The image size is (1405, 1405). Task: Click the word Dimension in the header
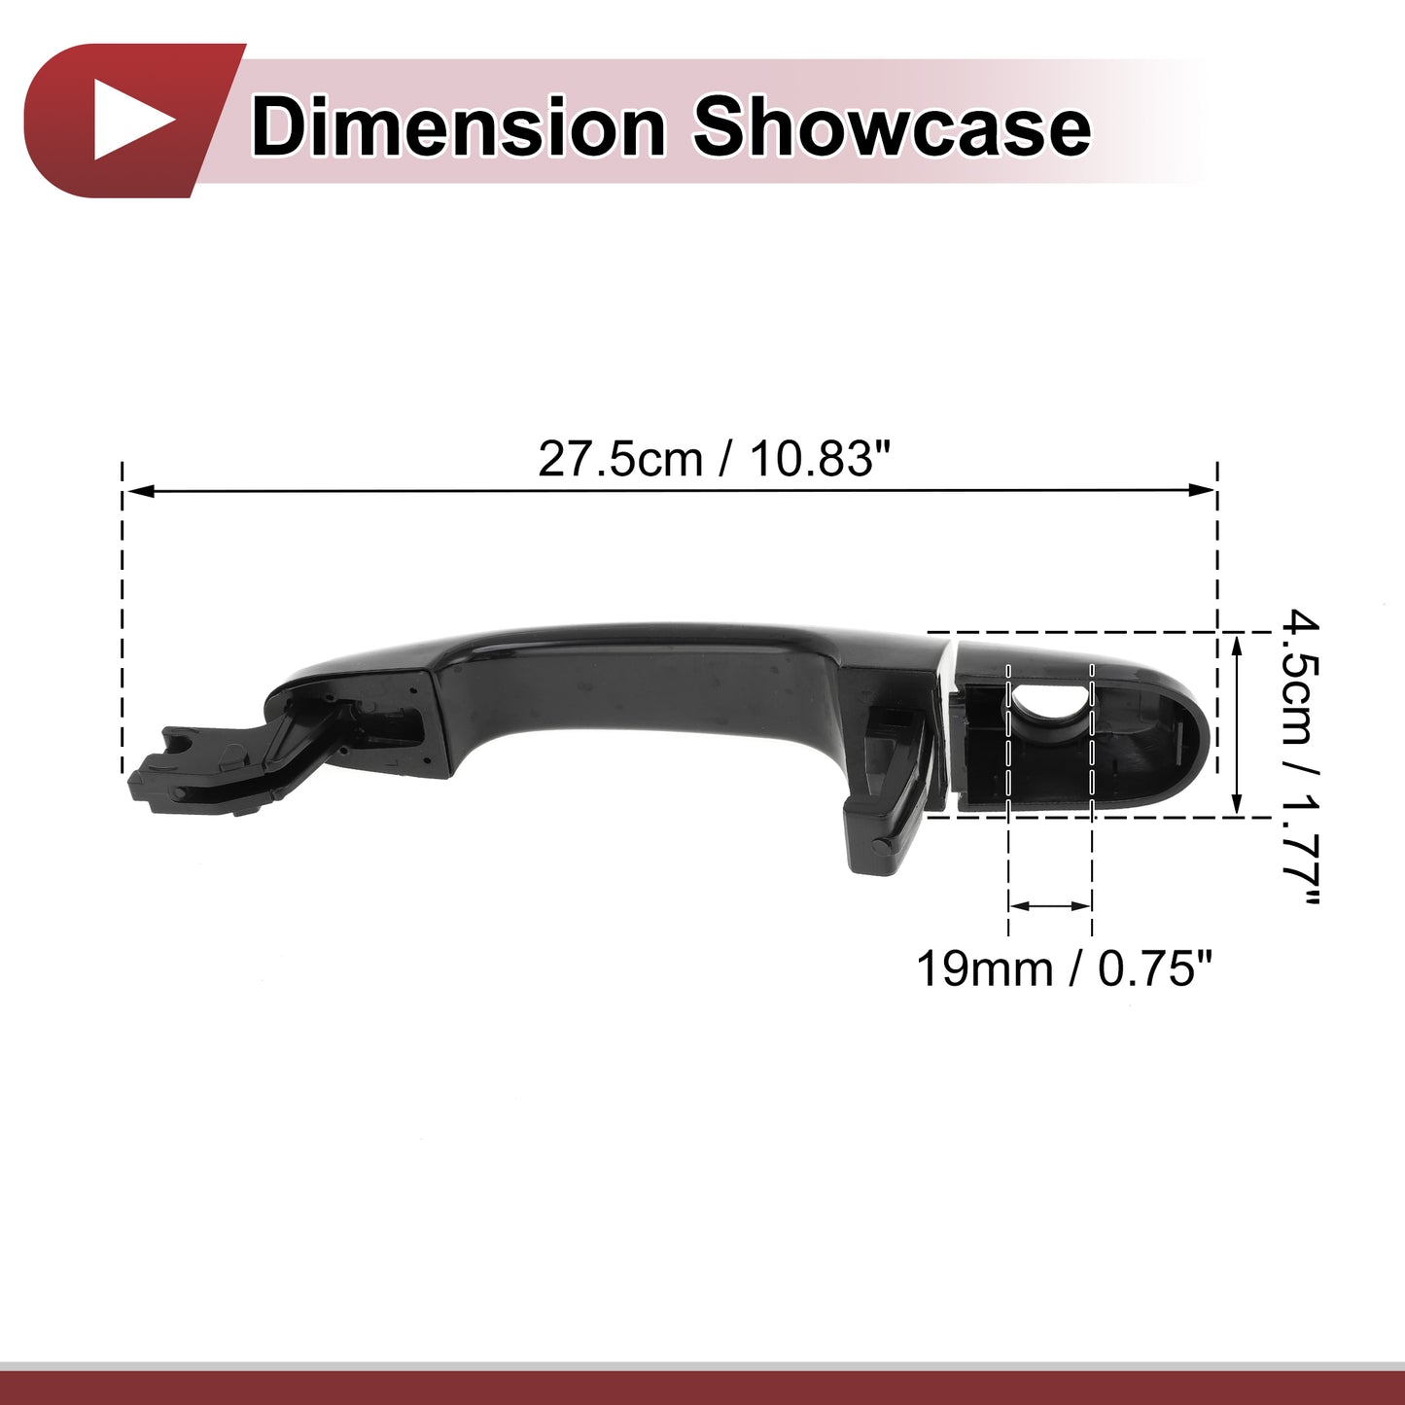pos(458,127)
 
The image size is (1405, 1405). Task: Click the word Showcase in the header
pos(891,127)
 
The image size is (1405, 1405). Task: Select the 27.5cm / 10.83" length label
pos(716,460)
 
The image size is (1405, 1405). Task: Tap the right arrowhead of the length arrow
pos(1203,490)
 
